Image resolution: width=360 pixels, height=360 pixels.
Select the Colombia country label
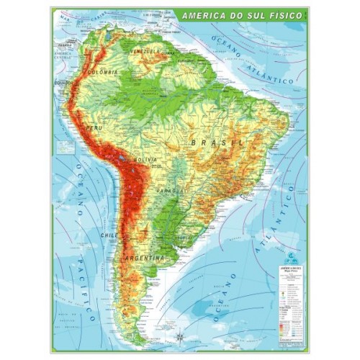coord(102,73)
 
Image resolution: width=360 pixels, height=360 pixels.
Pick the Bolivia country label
coord(145,158)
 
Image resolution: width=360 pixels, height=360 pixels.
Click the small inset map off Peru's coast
coord(67,148)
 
